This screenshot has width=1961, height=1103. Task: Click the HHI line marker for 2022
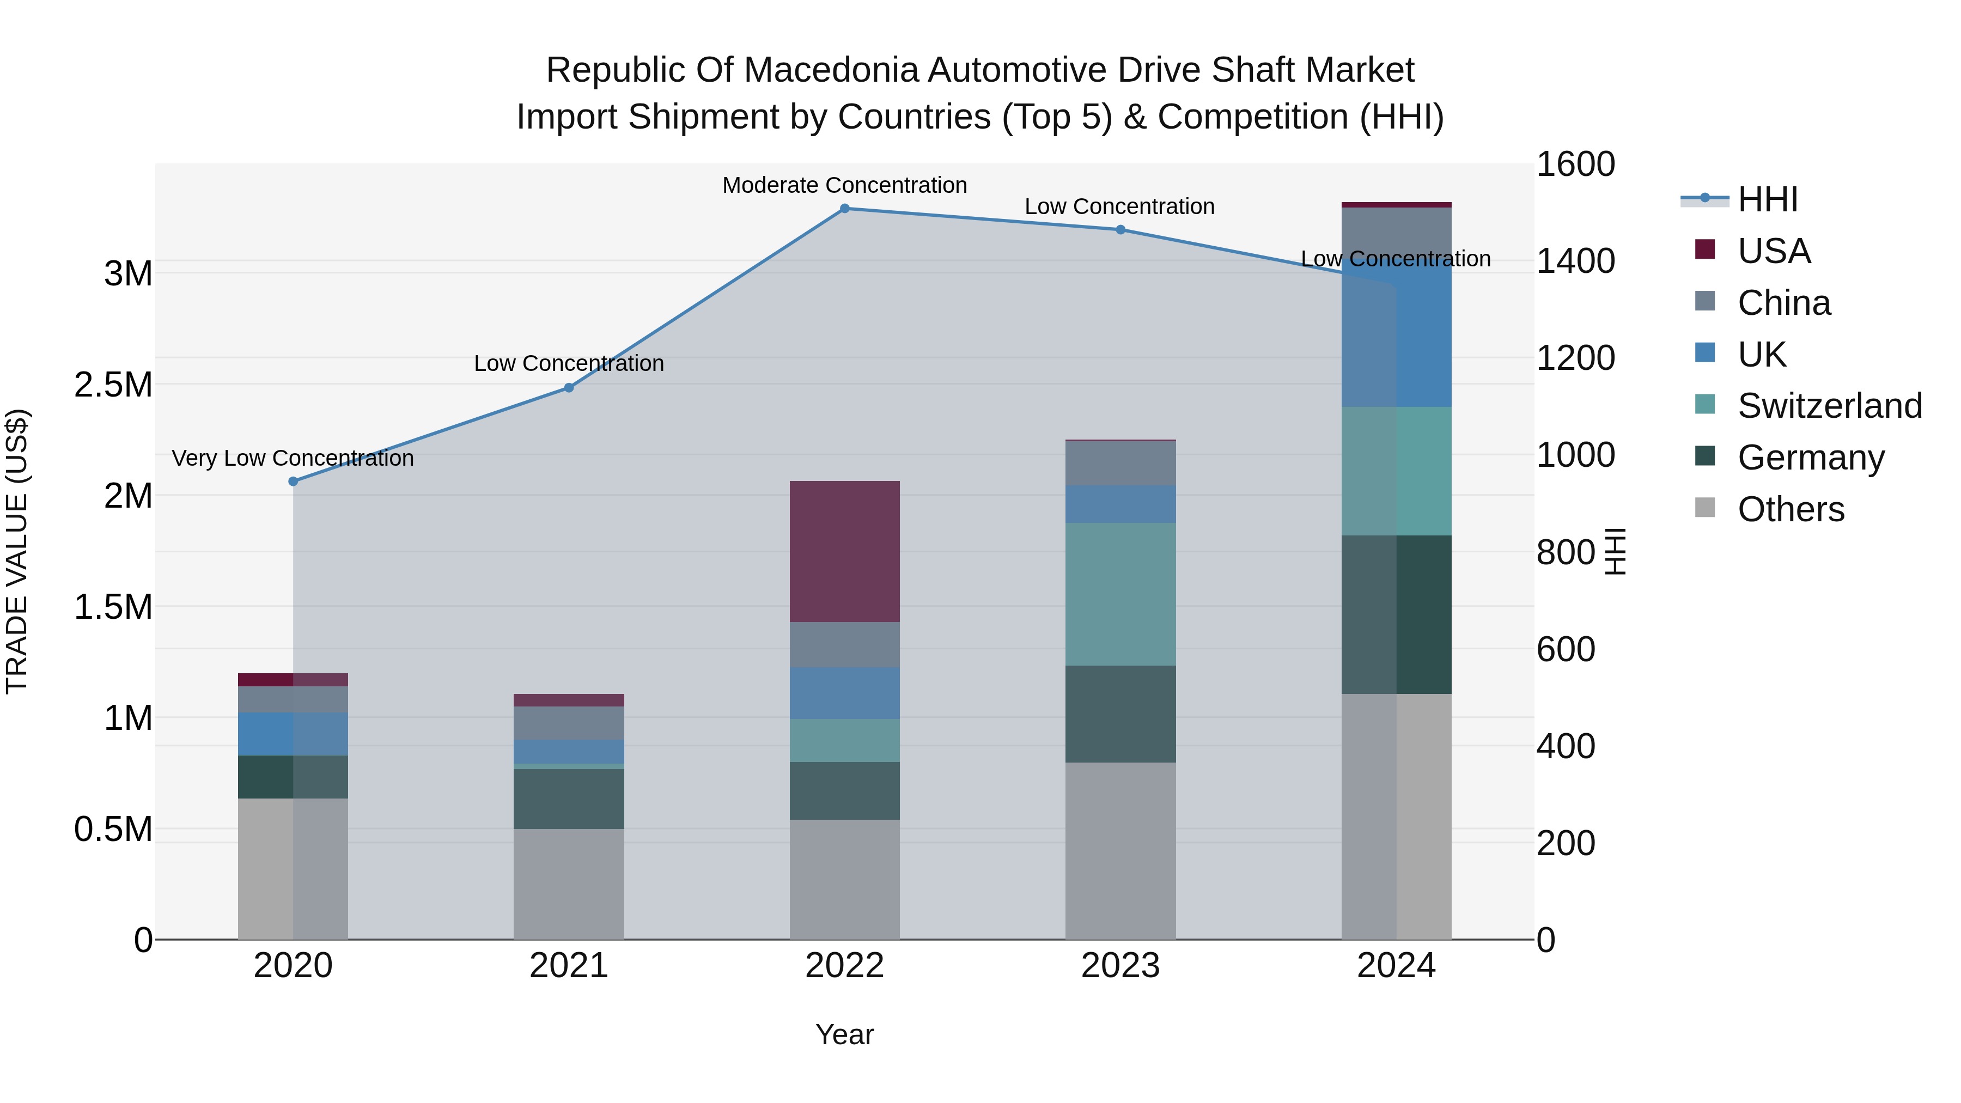pyautogui.click(x=844, y=209)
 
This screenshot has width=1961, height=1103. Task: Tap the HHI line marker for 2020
pyautogui.click(x=293, y=481)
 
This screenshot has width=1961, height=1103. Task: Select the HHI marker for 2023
pyautogui.click(x=1120, y=230)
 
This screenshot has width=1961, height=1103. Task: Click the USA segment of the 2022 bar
pyautogui.click(x=844, y=552)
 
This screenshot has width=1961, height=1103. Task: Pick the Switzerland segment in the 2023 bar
pyautogui.click(x=1120, y=594)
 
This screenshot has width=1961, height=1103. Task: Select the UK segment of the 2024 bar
pyautogui.click(x=1396, y=335)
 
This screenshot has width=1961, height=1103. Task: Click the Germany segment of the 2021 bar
pyautogui.click(x=569, y=799)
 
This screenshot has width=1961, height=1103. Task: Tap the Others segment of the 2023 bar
pyautogui.click(x=1120, y=850)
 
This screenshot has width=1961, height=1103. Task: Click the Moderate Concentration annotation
pyautogui.click(x=844, y=186)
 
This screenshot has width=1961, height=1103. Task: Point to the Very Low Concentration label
pyautogui.click(x=293, y=458)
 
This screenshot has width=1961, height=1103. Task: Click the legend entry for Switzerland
pyautogui.click(x=1829, y=406)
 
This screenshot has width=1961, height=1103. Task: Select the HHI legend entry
pyautogui.click(x=1768, y=199)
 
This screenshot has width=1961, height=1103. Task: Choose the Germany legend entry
pyautogui.click(x=1810, y=458)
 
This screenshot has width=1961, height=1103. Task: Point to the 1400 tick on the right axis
pyautogui.click(x=1575, y=261)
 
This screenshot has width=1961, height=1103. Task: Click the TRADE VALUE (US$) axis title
pyautogui.click(x=17, y=551)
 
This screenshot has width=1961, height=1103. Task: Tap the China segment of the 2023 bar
pyautogui.click(x=1120, y=464)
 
